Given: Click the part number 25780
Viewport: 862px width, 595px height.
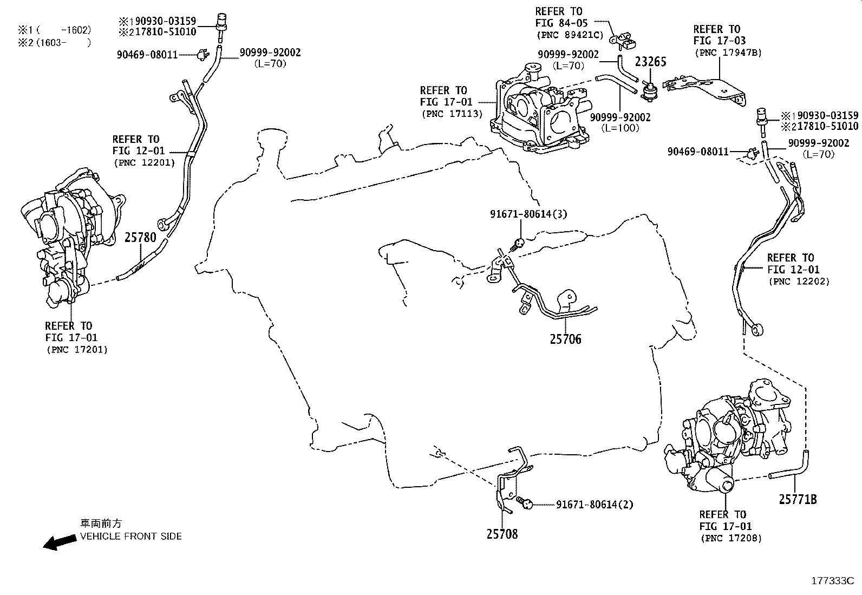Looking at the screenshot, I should (x=140, y=237).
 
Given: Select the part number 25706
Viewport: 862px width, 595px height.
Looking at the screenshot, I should (x=565, y=339).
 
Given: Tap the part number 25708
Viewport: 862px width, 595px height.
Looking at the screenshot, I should (x=502, y=534).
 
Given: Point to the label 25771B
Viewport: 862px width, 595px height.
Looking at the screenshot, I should (x=798, y=499).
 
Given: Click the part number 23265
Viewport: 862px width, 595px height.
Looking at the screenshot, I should (x=650, y=62).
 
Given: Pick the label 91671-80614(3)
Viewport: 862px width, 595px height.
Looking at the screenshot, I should (x=528, y=214).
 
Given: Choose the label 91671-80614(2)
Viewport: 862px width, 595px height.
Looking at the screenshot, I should (x=595, y=505).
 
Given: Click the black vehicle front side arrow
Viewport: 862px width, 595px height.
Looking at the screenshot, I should (x=60, y=542).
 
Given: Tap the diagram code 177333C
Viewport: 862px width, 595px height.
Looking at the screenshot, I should (x=832, y=581).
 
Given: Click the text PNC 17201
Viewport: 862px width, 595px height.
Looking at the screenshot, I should (x=76, y=350).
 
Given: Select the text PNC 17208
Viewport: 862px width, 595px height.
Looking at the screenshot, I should (x=730, y=538).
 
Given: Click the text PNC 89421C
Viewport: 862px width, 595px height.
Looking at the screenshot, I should (x=569, y=35).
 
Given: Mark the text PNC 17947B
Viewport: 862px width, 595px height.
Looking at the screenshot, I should (x=727, y=53).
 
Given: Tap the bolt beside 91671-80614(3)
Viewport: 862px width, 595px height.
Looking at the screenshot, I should (x=517, y=243).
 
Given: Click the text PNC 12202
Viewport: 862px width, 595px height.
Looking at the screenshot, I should (x=798, y=282).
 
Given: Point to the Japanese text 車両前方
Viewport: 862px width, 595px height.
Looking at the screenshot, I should (x=101, y=524).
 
